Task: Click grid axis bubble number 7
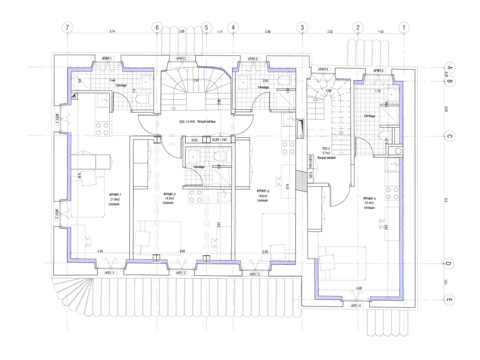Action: [x=67, y=27]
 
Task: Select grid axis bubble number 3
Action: [x=302, y=27]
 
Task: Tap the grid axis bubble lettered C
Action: [x=449, y=136]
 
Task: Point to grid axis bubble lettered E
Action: [x=449, y=300]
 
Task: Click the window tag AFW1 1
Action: [x=107, y=59]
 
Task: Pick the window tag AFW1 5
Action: [x=379, y=71]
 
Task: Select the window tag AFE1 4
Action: [x=356, y=306]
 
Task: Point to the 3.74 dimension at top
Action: [x=112, y=32]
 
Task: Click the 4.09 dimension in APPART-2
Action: [x=182, y=251]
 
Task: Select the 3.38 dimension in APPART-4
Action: [x=359, y=288]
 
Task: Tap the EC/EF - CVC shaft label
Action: [x=219, y=140]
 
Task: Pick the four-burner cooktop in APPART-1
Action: [x=103, y=128]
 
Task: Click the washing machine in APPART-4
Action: [x=397, y=151]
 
